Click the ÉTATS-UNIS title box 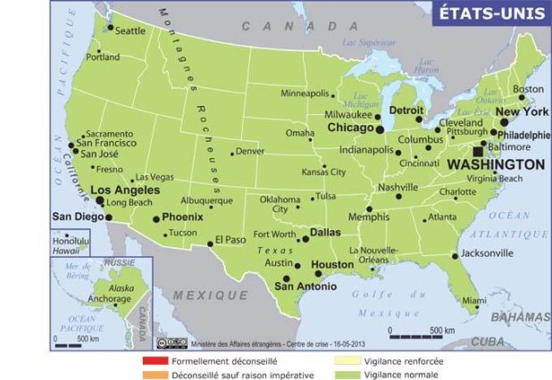[489, 14]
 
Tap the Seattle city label [130, 30]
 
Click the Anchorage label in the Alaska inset [100, 299]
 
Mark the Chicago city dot [380, 129]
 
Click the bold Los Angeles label [125, 190]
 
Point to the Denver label [250, 152]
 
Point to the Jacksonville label [488, 253]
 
